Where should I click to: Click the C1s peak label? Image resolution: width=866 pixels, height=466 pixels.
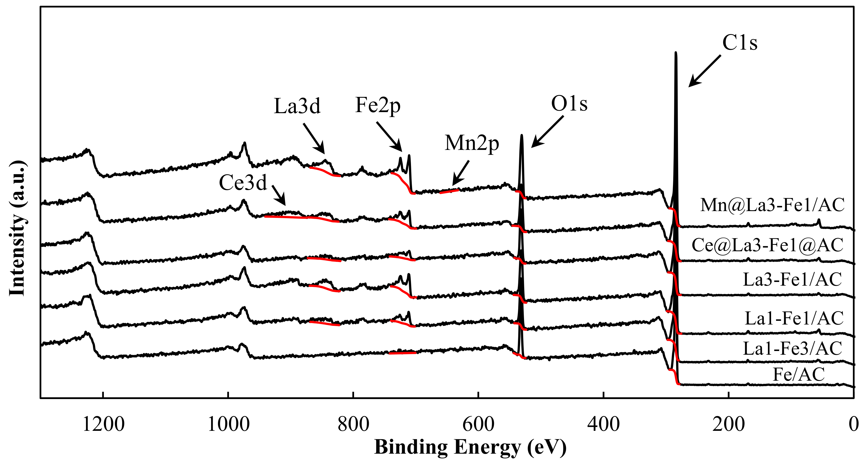pos(740,43)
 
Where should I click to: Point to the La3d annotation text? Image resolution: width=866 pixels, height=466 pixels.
pos(297,106)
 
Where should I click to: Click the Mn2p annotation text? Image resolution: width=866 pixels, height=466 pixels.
pos(472,143)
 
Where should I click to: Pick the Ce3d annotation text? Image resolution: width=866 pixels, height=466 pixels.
pos(243,183)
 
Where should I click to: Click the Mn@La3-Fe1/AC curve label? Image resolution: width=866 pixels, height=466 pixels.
pos(772,205)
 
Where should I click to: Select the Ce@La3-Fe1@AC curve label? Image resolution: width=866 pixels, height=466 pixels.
pos(767,245)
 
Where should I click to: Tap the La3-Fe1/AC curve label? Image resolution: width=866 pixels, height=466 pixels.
pos(792,279)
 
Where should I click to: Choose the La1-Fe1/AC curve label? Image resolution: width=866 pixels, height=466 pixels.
pos(794,318)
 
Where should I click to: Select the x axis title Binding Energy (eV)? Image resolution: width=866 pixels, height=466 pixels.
pos(470,448)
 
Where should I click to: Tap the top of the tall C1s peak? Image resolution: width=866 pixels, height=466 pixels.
pos(676,53)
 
